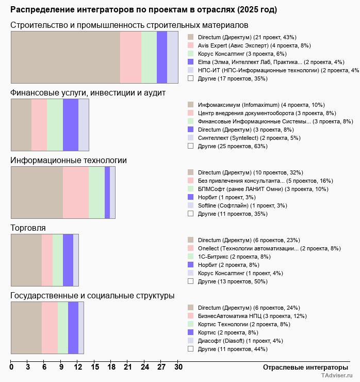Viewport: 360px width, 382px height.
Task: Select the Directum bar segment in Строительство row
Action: click(66, 57)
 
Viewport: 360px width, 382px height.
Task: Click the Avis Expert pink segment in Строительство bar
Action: click(130, 57)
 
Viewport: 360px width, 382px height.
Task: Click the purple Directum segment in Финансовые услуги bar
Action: click(71, 124)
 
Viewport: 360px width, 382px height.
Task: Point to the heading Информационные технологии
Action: click(69, 161)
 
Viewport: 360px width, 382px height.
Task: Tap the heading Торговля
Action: click(28, 228)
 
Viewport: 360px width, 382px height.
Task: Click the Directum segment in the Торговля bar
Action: click(26, 260)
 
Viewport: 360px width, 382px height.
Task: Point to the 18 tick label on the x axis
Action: click(111, 367)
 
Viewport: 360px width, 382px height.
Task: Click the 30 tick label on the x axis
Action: click(178, 367)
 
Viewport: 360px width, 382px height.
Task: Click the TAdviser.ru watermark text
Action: click(337, 376)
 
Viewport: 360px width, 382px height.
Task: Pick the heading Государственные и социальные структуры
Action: click(92, 296)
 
